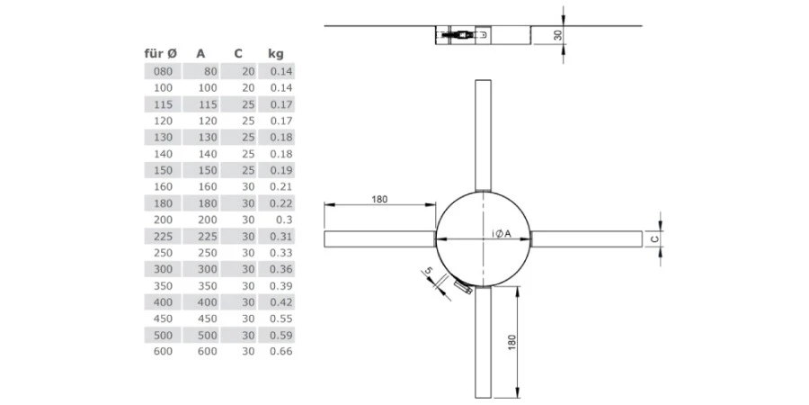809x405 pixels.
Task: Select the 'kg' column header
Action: coord(275,53)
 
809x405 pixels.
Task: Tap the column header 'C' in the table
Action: coord(236,53)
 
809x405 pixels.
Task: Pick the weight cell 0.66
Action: coord(280,351)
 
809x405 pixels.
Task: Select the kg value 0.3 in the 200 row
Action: coord(284,219)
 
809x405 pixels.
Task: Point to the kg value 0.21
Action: coord(280,186)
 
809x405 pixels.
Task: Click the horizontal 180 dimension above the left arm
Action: coord(378,199)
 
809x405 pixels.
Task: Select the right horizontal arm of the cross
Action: coord(588,238)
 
